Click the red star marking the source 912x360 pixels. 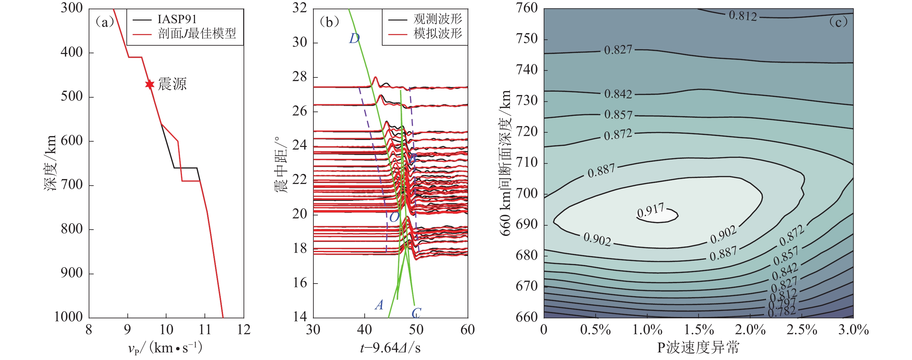pyautogui.click(x=150, y=84)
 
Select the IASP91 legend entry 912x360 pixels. pyautogui.click(x=177, y=19)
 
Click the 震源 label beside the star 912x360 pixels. pyautogui.click(x=172, y=84)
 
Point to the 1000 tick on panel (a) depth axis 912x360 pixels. pyautogui.click(x=68, y=317)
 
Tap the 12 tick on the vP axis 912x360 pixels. pyautogui.click(x=244, y=330)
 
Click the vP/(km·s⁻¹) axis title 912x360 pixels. pyautogui.click(x=165, y=348)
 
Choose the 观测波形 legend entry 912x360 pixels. pyautogui.click(x=437, y=19)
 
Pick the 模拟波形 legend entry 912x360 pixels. pyautogui.click(x=437, y=34)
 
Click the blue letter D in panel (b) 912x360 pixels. pyautogui.click(x=354, y=38)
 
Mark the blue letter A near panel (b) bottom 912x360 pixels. pyautogui.click(x=379, y=305)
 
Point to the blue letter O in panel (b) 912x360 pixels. pyautogui.click(x=394, y=217)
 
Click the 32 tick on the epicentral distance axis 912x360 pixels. pyautogui.click(x=299, y=8)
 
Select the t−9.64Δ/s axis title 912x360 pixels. pyautogui.click(x=390, y=348)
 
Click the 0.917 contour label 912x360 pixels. pyautogui.click(x=650, y=211)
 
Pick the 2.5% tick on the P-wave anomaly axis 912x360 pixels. pyautogui.click(x=801, y=330)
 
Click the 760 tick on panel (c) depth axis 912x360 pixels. pyautogui.click(x=527, y=8)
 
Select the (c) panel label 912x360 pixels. pyautogui.click(x=838, y=22)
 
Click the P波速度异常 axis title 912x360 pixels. pyautogui.click(x=698, y=348)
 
